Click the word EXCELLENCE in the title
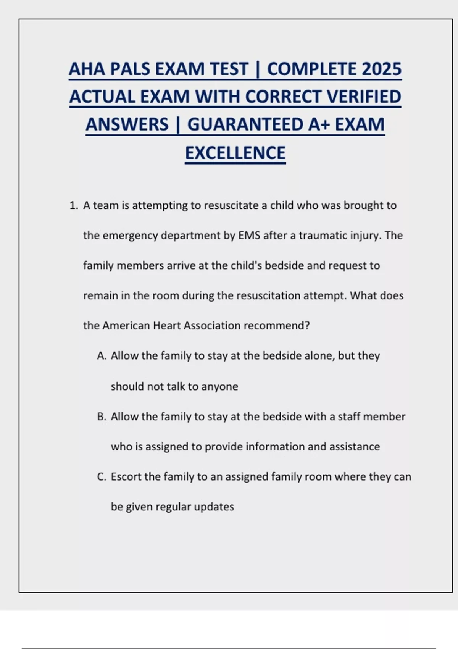tap(235, 153)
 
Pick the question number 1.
tap(73, 206)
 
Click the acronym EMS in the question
tap(249, 235)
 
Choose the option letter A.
tap(101, 356)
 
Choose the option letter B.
tap(101, 417)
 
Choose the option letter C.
tap(101, 477)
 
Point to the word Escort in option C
tap(126, 477)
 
